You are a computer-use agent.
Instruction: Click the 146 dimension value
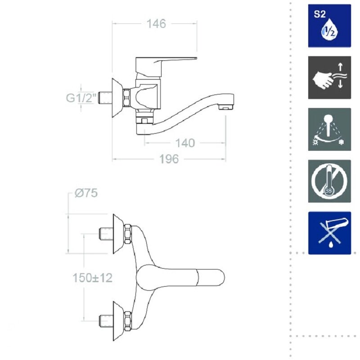click(x=156, y=24)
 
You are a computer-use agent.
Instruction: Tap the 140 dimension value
click(x=185, y=143)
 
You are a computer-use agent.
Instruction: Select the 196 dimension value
click(x=169, y=159)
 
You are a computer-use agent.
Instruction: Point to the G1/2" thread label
click(x=81, y=98)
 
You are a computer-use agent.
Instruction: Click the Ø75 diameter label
click(x=86, y=193)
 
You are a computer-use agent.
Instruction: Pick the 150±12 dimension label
click(x=93, y=278)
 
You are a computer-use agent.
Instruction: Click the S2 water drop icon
click(x=329, y=26)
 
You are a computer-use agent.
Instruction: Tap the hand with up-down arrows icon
click(x=329, y=77)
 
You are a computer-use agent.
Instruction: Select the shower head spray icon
click(x=329, y=129)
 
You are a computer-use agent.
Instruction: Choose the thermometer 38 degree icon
click(x=329, y=181)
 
